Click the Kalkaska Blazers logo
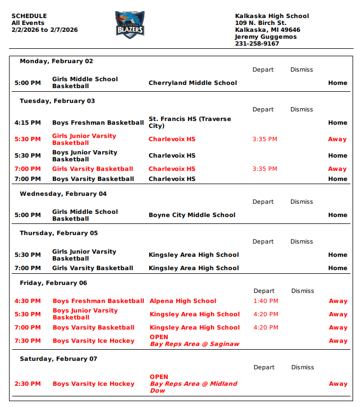[130, 25]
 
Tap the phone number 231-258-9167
[257, 44]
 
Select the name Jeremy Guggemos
[266, 37]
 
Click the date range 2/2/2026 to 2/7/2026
[45, 30]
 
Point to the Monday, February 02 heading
[56, 61]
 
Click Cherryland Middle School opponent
[193, 83]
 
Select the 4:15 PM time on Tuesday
[28, 123]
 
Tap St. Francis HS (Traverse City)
[190, 123]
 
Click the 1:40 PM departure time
[265, 301]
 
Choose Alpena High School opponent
[183, 301]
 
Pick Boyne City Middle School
[192, 215]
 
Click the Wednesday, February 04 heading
[63, 194]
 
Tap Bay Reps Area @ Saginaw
[194, 344]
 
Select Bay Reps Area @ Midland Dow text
[193, 387]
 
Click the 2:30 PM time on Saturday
[28, 384]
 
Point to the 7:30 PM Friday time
[28, 341]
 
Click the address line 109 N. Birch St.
[261, 23]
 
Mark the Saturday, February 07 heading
[58, 359]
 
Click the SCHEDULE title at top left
[29, 16]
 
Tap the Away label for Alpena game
[338, 301]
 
